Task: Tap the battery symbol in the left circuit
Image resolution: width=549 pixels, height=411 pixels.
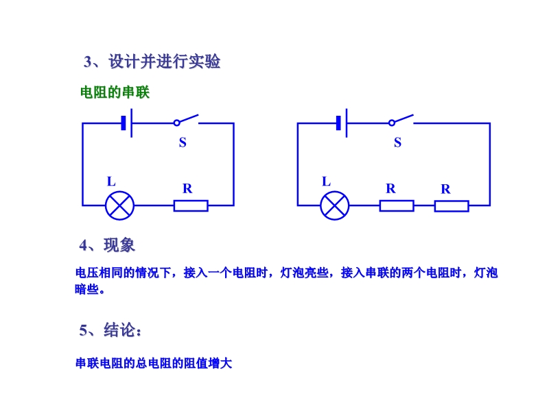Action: [x=127, y=123]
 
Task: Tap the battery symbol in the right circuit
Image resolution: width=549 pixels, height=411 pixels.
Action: [x=342, y=123]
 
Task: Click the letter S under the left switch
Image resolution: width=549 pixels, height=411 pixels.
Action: [x=183, y=142]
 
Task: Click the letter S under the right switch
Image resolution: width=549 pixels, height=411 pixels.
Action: [x=397, y=142]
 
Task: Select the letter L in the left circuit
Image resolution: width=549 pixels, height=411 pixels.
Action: [x=111, y=182]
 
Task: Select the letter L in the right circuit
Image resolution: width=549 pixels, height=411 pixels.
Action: [x=326, y=182]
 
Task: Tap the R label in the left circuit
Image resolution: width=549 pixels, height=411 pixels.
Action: [x=187, y=189]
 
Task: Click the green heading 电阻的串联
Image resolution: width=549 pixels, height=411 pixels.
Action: [x=115, y=92]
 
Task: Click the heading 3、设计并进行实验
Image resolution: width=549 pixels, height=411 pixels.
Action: [x=152, y=62]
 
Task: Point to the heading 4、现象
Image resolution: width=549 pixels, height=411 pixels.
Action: [x=107, y=245]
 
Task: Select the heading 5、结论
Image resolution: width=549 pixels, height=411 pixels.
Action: [x=110, y=330]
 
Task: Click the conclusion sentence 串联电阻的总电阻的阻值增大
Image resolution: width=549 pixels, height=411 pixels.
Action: [x=154, y=363]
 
